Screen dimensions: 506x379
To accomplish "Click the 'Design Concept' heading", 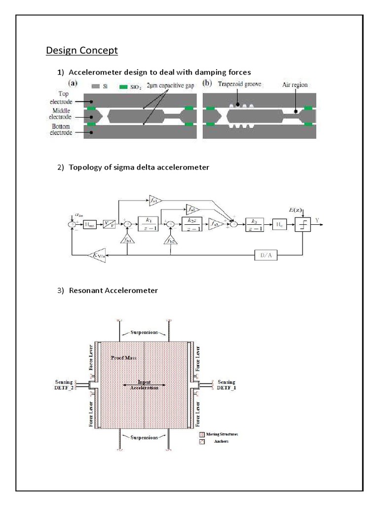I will point(81,50).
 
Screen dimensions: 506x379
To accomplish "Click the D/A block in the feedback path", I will point(262,255).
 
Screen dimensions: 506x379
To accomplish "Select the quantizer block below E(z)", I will point(302,225).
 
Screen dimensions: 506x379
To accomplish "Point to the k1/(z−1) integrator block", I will point(148,224).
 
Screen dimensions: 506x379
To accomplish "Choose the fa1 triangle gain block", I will point(154,200).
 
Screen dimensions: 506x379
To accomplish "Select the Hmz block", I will point(90,224).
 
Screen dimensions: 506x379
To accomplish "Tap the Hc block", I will point(279,225).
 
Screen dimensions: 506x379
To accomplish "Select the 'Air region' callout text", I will point(295,85).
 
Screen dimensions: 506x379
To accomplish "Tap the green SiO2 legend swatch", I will point(124,86).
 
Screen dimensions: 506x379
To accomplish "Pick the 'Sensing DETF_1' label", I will point(226,385).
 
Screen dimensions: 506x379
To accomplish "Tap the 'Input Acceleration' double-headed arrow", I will point(144,384).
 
